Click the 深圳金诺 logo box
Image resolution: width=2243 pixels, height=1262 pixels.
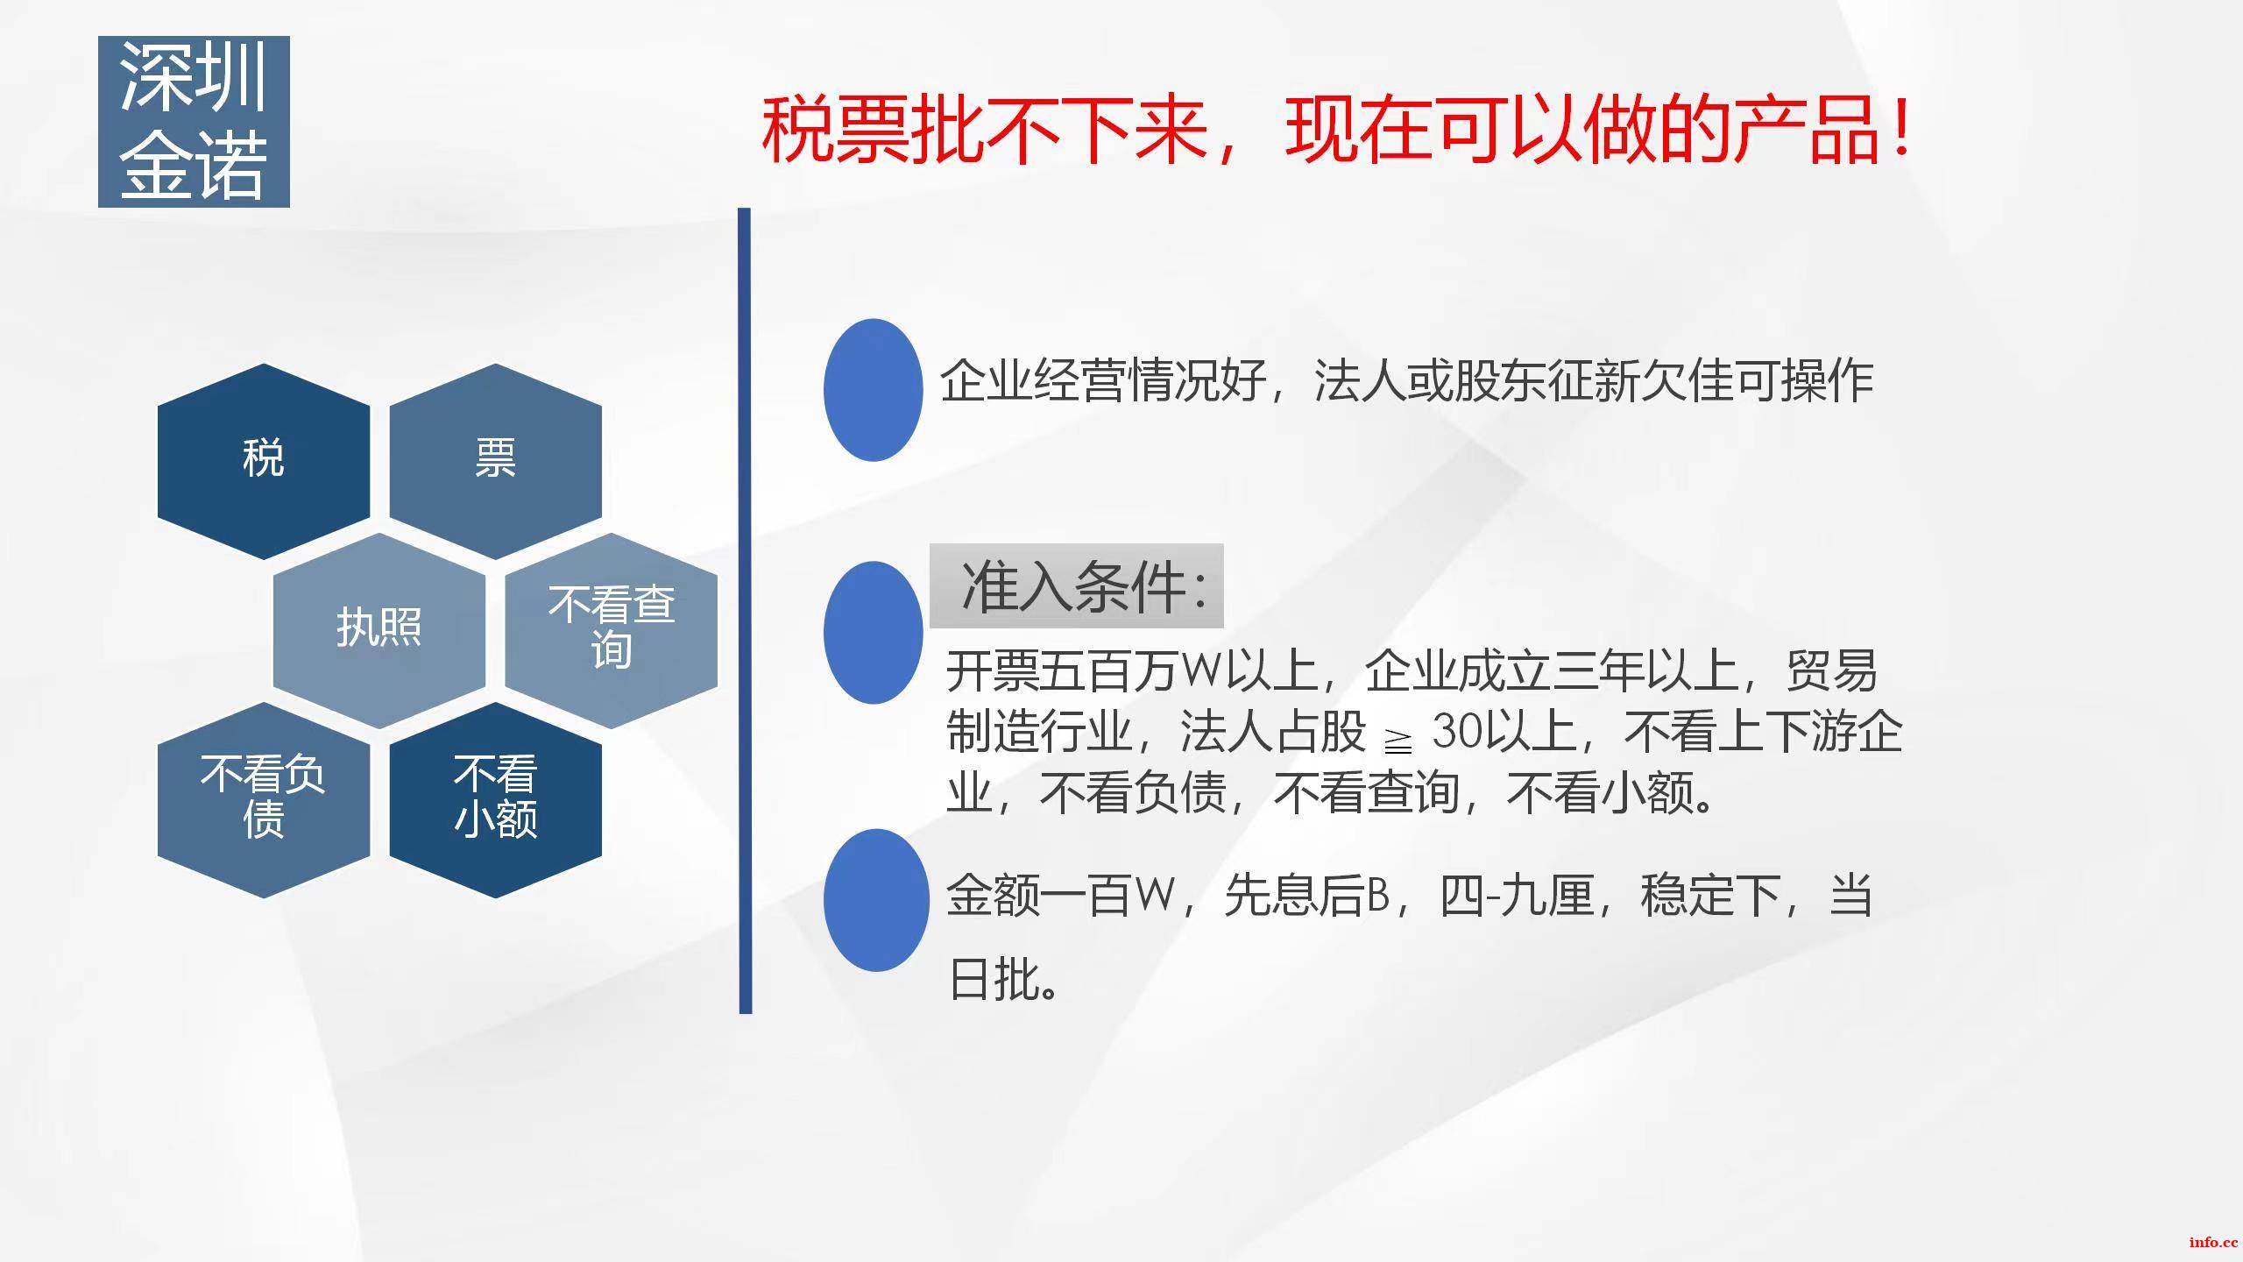point(194,122)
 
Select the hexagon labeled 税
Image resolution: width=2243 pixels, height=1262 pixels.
point(264,461)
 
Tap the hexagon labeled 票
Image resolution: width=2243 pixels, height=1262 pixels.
point(496,461)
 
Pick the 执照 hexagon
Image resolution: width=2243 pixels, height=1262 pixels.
point(379,630)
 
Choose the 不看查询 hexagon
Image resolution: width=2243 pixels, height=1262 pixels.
point(612,630)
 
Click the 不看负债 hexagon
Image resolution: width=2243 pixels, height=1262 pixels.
point(264,799)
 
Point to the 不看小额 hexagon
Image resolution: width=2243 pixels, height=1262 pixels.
point(496,799)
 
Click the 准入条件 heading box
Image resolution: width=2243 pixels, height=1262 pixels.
point(1076,585)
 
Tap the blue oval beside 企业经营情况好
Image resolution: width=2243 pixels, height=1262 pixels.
point(874,390)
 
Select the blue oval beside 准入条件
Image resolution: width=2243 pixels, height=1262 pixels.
point(874,633)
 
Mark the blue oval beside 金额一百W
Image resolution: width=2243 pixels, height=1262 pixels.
point(876,900)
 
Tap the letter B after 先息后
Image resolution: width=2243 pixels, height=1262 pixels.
point(1378,896)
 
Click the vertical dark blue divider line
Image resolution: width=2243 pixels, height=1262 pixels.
point(745,611)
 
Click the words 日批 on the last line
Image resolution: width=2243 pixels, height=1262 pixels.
point(994,978)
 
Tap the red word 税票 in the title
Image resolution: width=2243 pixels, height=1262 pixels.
point(836,131)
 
